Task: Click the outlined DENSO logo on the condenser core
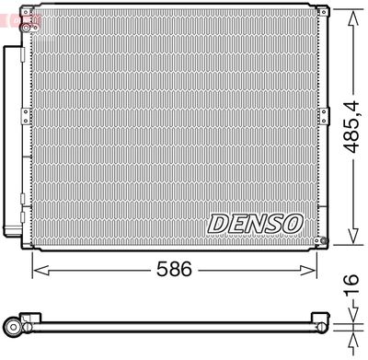point(255,223)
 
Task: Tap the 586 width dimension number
point(174,269)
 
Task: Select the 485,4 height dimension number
point(351,127)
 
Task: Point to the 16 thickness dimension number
point(351,285)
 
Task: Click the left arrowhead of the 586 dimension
point(40,271)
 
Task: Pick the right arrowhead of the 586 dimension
point(308,271)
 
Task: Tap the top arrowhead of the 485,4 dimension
point(353,18)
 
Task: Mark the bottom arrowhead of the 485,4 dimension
point(353,236)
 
